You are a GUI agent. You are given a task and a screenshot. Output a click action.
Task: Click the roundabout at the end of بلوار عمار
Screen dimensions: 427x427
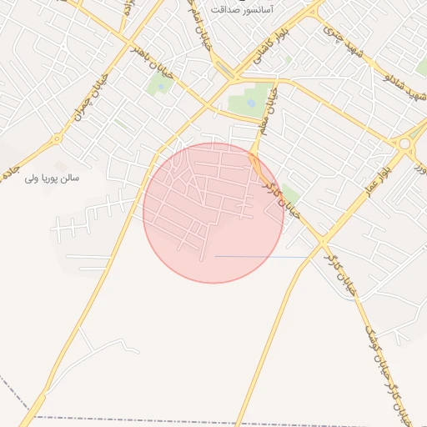click(405, 144)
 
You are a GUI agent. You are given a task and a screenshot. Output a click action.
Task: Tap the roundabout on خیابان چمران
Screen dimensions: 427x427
click(58, 138)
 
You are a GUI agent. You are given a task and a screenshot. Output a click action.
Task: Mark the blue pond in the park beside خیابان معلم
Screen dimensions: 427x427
click(251, 103)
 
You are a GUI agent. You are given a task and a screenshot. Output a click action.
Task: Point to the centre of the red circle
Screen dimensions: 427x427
click(213, 213)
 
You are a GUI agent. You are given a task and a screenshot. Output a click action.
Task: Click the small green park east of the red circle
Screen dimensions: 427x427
click(290, 193)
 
